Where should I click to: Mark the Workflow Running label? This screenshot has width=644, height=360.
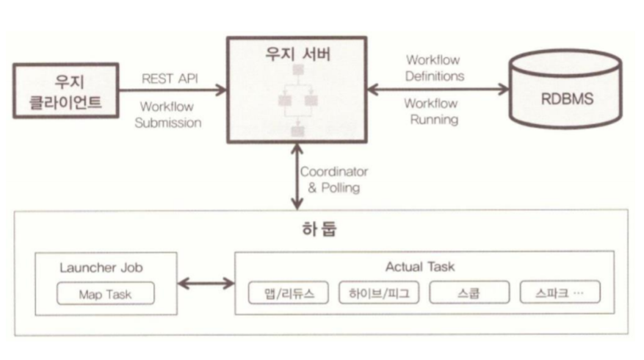pyautogui.click(x=431, y=111)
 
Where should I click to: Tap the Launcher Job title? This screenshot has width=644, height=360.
pyautogui.click(x=107, y=267)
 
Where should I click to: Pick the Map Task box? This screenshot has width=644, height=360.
pyautogui.click(x=106, y=294)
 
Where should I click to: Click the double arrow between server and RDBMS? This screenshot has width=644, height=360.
pyautogui.click(x=438, y=90)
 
